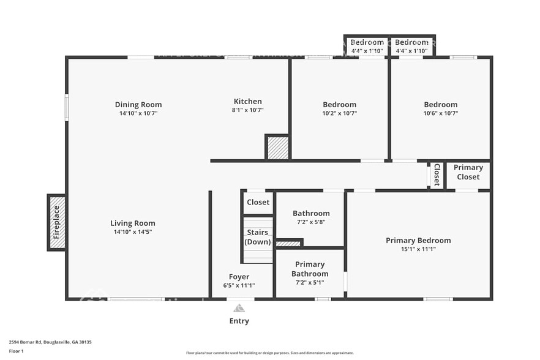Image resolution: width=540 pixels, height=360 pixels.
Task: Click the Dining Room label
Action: point(138,104)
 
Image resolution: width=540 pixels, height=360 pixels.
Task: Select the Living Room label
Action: point(133,223)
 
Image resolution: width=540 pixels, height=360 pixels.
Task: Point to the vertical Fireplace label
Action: point(56,222)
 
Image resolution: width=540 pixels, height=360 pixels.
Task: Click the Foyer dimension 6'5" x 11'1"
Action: point(239,286)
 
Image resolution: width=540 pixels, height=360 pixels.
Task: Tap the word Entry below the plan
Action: point(239,321)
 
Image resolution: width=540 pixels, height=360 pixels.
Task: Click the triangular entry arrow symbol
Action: point(239,308)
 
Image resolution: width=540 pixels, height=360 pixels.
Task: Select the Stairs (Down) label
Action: point(258,238)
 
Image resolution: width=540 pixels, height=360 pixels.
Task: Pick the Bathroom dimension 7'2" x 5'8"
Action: point(311,222)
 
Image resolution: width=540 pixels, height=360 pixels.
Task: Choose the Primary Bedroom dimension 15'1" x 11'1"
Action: point(418,249)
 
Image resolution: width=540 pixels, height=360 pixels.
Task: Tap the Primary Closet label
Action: point(468,172)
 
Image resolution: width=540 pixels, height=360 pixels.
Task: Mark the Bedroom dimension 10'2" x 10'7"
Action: point(339,113)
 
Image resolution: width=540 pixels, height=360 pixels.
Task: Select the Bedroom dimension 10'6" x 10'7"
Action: point(440,113)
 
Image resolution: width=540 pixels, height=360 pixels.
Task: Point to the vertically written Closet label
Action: point(437,174)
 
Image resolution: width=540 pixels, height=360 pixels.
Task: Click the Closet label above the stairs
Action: point(258,202)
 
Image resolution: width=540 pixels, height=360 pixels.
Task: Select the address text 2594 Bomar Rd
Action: point(31,343)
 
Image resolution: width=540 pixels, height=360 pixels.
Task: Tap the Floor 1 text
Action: point(17,351)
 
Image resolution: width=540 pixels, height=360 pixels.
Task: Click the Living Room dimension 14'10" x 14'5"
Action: point(133,232)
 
